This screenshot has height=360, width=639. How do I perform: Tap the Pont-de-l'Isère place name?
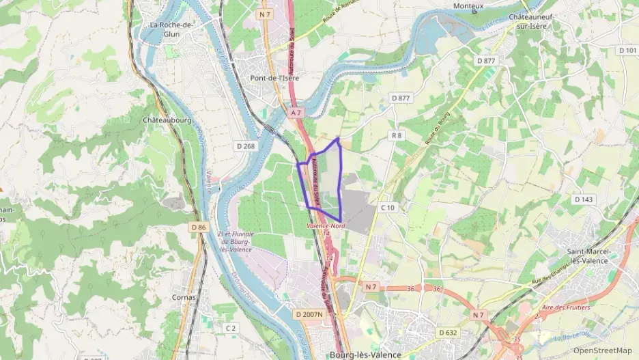coord(274,78)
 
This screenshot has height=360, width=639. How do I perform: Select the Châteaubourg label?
coord(167,120)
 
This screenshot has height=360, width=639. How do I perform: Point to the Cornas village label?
coord(184,297)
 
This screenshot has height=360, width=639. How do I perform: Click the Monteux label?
coord(468,6)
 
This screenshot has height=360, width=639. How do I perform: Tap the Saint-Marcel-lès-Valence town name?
coord(588,255)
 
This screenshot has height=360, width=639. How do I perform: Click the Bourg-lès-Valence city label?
coord(365,355)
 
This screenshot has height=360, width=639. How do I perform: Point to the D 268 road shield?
coord(245,146)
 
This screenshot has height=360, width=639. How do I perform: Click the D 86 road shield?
coord(199,227)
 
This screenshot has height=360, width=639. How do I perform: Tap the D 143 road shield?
coord(584,199)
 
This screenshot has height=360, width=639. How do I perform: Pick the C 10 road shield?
coord(388,207)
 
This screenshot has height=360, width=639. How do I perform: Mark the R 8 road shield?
coord(397,135)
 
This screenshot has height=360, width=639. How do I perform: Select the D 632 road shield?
coord(448,332)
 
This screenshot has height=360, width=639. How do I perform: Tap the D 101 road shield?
coord(627,51)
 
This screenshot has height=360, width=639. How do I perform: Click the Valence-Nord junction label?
coord(325,225)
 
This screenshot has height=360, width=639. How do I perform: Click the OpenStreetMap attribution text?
coord(603,350)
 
